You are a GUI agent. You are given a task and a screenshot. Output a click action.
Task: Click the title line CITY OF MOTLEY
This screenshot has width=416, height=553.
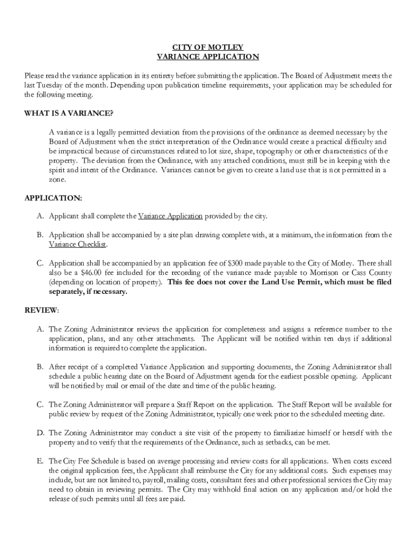(208, 47)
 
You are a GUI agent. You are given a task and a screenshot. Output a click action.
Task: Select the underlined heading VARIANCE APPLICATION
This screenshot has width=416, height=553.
(208, 57)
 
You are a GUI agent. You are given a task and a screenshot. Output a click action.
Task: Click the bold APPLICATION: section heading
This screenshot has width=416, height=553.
(53, 198)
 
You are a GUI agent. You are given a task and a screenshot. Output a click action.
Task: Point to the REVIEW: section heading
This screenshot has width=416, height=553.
(42, 311)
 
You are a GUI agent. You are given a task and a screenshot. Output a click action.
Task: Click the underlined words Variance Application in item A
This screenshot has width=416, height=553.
(170, 216)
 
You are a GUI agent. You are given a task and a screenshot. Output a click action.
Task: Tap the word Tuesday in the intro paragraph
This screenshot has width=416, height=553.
(50, 85)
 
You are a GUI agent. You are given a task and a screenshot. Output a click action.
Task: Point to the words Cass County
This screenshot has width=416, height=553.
(372, 273)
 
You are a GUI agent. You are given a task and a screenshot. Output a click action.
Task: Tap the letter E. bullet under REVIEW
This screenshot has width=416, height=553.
(40, 461)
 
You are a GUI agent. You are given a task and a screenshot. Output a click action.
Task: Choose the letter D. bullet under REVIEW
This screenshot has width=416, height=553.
(40, 433)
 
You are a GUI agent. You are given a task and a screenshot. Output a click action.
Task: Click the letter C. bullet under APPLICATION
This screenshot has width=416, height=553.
(40, 263)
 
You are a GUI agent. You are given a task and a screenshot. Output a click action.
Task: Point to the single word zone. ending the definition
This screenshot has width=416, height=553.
(58, 180)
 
